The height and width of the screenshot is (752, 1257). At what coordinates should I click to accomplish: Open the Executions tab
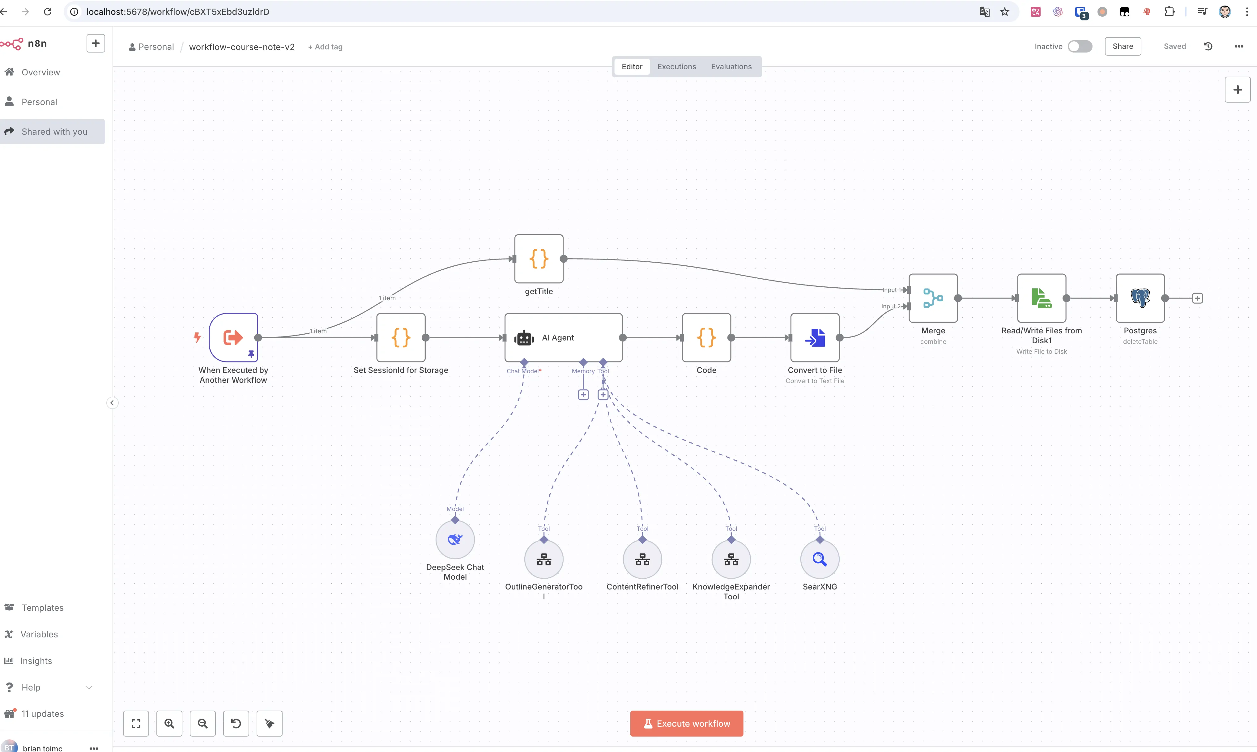coord(676,66)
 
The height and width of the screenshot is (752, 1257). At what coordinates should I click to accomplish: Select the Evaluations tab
coord(731,66)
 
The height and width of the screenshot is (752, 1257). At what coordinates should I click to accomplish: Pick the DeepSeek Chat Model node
coord(455,539)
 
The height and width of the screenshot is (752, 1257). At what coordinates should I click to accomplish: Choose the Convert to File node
coord(814,337)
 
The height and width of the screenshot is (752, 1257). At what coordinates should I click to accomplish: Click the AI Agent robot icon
coord(524,338)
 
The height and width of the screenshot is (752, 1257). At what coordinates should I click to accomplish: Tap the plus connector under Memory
coord(583,395)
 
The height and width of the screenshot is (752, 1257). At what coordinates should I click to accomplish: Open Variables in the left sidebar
coord(39,634)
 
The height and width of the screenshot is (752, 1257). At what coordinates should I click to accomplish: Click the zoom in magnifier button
coord(169,723)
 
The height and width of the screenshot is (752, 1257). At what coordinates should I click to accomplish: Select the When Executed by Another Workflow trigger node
coord(233,337)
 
